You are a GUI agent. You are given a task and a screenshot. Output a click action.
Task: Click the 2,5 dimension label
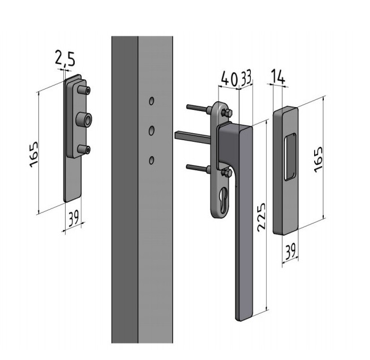65,59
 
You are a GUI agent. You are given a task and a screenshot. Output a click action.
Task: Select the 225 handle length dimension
262,216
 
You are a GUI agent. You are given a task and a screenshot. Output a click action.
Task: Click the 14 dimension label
278,76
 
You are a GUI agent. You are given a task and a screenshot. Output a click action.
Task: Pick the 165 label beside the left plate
34,154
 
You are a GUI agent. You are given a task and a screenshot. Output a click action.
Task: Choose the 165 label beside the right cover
318,159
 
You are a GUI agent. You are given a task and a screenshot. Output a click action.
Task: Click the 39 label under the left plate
74,218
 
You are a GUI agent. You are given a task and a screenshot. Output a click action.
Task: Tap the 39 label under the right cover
291,251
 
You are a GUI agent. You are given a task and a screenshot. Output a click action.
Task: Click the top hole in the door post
152,101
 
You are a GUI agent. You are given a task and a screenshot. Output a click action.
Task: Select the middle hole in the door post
152,130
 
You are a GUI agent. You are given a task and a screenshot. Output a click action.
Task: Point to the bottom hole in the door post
152,160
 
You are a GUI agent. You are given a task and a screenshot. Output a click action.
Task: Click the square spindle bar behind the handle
193,137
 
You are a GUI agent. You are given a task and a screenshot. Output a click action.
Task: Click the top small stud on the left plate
84,90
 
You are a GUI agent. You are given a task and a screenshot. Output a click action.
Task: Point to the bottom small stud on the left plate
84,149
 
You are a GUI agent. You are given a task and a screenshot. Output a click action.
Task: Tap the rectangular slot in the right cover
290,157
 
